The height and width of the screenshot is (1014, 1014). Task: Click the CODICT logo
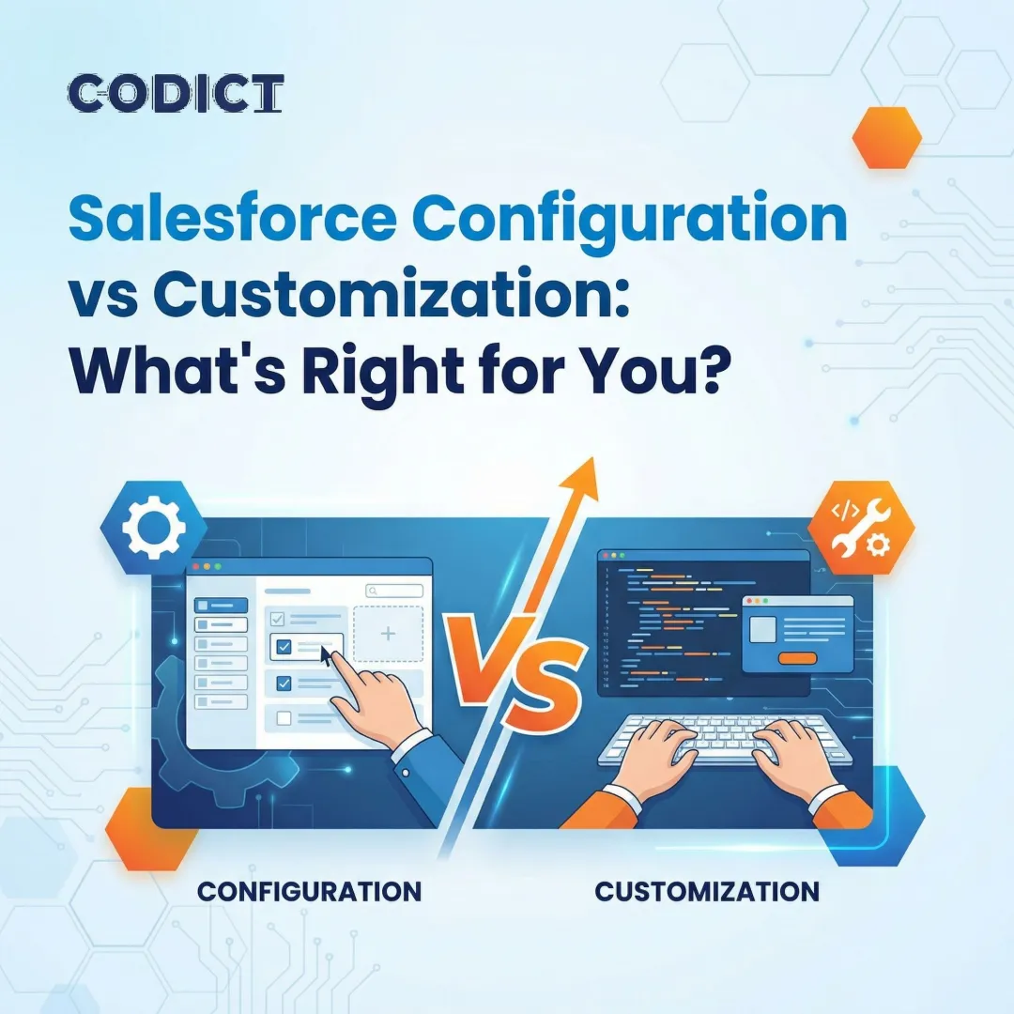pyautogui.click(x=176, y=94)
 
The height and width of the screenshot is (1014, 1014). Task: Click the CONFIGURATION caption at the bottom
pyautogui.click(x=309, y=890)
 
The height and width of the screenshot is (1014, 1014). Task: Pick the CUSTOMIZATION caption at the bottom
pyautogui.click(x=707, y=890)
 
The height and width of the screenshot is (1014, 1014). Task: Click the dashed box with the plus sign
pyautogui.click(x=388, y=635)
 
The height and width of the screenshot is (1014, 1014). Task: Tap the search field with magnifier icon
pyautogui.click(x=394, y=591)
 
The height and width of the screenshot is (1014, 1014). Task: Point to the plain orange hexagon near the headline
pyautogui.click(x=886, y=137)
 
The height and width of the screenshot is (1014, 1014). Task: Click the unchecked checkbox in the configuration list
pyautogui.click(x=284, y=718)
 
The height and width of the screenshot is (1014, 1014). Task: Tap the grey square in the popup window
pyautogui.click(x=763, y=628)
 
